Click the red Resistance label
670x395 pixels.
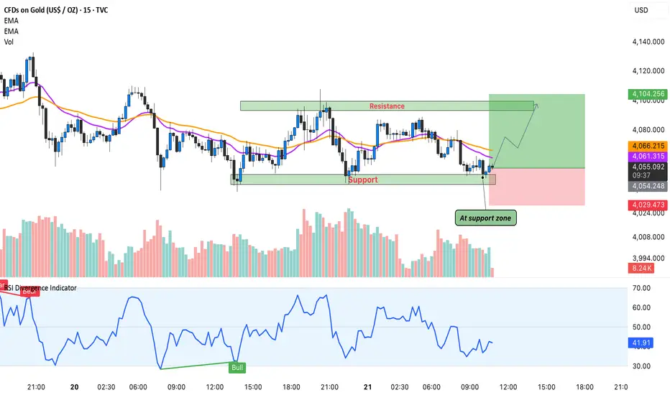point(387,106)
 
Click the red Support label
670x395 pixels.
point(363,180)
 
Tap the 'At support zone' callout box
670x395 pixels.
point(485,217)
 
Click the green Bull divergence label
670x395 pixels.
point(236,368)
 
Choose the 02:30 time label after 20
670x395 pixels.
point(107,386)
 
